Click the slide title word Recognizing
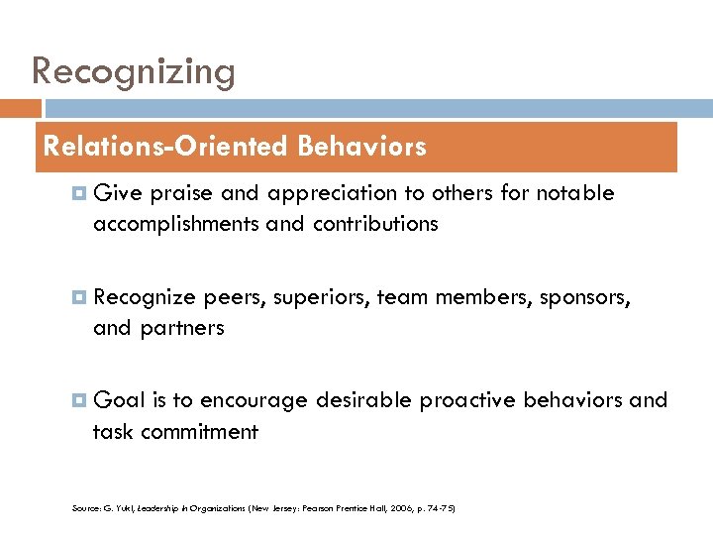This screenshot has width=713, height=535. point(134,71)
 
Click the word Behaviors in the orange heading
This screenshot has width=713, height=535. point(360,147)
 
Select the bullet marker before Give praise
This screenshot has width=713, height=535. point(78,193)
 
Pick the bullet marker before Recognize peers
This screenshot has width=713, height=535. point(78,297)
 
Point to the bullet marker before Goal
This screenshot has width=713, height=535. point(78,400)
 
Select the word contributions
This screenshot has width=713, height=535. point(375,224)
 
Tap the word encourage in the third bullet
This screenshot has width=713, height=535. point(255,400)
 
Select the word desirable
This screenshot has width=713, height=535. point(363,400)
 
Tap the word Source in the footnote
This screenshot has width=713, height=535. point(84,508)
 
